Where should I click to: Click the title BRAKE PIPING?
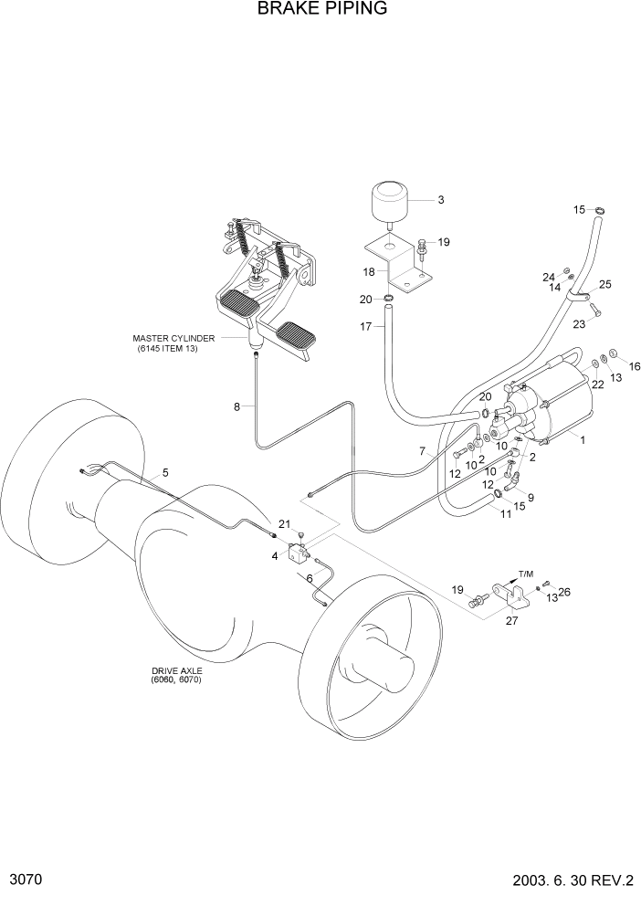[321, 9]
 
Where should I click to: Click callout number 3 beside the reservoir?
[440, 199]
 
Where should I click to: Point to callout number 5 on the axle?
[165, 472]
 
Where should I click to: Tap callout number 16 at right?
[635, 366]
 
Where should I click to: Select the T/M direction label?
[525, 574]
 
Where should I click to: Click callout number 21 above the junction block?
[284, 524]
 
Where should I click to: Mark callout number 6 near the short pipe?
[310, 578]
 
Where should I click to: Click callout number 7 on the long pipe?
[423, 451]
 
